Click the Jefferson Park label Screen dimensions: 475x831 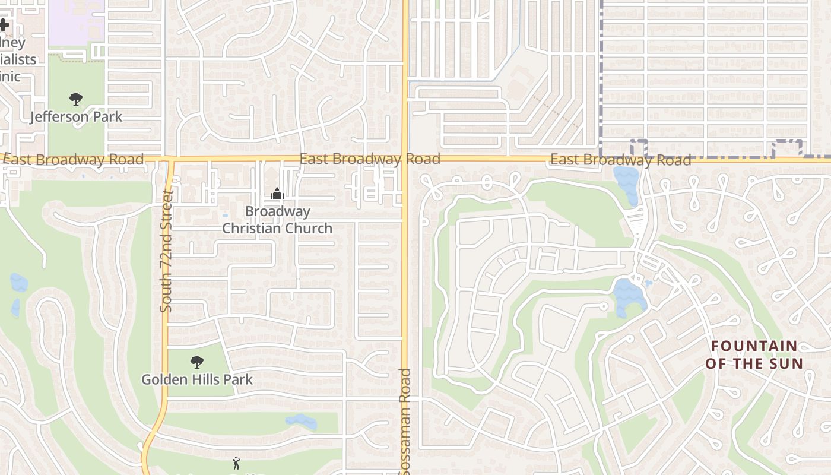pyautogui.click(x=77, y=116)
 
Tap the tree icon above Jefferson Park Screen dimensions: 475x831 pyautogui.click(x=75, y=99)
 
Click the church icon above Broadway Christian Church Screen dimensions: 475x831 pyautogui.click(x=277, y=194)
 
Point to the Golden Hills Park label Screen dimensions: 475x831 pyautogui.click(x=197, y=379)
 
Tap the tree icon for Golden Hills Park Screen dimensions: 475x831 pyautogui.click(x=197, y=362)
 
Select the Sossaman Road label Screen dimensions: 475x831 pyautogui.click(x=405, y=422)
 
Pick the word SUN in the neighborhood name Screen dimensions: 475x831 pyautogui.click(x=788, y=363)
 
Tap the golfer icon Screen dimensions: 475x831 pyautogui.click(x=237, y=463)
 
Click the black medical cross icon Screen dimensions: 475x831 pyautogui.click(x=4, y=26)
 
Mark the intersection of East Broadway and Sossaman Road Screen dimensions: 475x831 pyautogui.click(x=405, y=159)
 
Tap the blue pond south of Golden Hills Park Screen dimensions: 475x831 pyautogui.click(x=302, y=422)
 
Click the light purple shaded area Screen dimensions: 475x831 pyautogui.click(x=76, y=23)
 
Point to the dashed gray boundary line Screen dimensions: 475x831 pyautogui.click(x=601, y=77)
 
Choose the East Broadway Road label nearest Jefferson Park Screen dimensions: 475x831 pyautogui.click(x=74, y=159)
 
